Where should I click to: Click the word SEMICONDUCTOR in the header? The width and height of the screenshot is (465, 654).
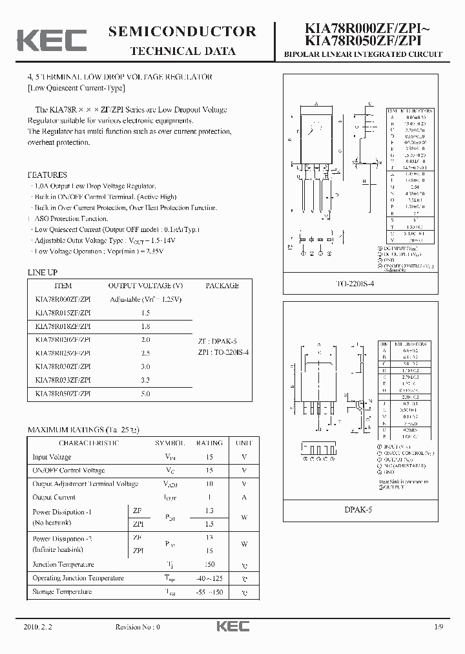coord(183,32)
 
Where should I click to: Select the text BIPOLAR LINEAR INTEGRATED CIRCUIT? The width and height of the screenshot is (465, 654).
coord(363,54)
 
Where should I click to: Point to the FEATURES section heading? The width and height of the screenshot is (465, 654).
coord(47,174)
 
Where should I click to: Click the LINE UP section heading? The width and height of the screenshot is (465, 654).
coord(42,273)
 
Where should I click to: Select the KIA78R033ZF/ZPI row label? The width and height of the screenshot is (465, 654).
coord(63,381)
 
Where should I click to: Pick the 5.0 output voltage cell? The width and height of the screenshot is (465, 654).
coord(145,394)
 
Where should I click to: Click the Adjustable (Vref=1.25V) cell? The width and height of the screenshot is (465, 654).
coord(145,299)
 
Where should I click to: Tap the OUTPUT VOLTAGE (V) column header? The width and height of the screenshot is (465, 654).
coord(145,285)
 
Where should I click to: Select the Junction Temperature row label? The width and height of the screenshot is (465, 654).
coord(63,564)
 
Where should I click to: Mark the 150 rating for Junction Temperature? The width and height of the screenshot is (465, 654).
coord(209,564)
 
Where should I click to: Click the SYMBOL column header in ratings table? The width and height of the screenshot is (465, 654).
coord(170,443)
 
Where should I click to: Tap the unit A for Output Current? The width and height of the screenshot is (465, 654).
coord(244,497)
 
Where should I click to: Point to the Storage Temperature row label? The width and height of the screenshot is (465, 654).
coord(62,591)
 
